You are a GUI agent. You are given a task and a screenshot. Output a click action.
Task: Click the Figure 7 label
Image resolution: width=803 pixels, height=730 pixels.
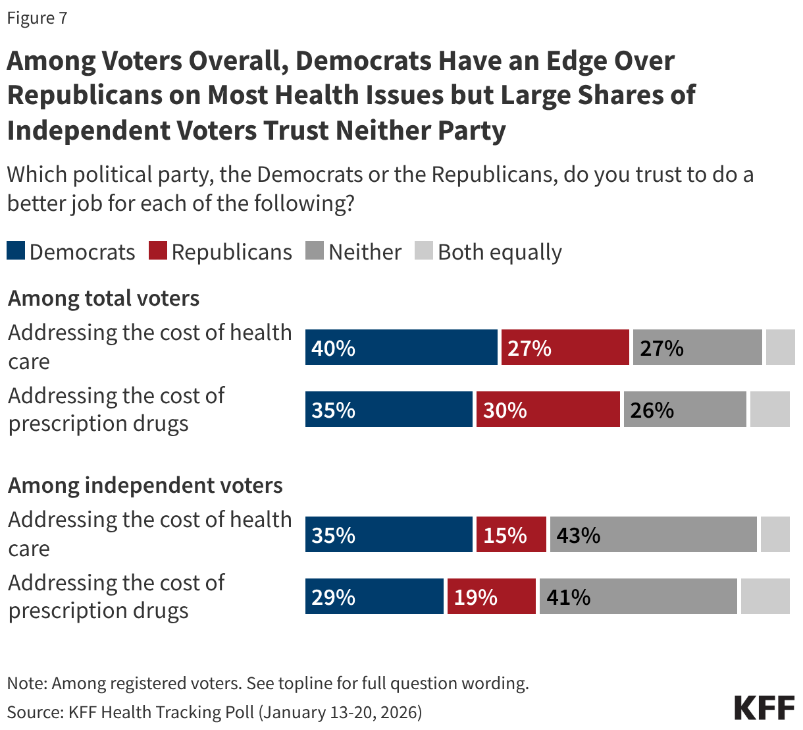tap(37, 18)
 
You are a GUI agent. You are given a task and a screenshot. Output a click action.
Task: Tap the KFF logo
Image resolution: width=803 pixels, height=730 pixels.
tap(764, 707)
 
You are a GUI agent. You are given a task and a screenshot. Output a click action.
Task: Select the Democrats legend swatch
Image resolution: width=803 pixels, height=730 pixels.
tap(16, 251)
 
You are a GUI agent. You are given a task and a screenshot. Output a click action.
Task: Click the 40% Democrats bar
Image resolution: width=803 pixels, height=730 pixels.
tap(401, 347)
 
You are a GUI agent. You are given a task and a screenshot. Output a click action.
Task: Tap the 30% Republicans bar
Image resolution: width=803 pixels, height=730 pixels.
tap(548, 409)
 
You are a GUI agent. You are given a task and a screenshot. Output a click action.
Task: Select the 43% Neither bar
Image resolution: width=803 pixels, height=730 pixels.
tap(653, 534)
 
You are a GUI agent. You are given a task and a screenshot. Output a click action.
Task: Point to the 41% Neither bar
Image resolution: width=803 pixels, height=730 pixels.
tap(638, 596)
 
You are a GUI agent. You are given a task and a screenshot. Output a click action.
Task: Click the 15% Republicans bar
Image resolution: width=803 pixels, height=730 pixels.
tap(511, 534)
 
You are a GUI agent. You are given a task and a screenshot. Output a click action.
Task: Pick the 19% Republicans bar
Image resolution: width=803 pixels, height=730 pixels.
tap(491, 596)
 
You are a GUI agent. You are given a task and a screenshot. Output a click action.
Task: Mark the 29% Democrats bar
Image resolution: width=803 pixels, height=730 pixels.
tap(374, 596)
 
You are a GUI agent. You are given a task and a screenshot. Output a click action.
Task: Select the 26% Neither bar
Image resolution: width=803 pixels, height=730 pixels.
tap(685, 409)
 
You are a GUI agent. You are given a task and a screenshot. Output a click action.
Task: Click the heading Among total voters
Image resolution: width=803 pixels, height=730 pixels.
tap(103, 298)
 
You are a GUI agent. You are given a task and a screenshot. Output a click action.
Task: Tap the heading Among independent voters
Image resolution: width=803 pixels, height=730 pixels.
tap(145, 485)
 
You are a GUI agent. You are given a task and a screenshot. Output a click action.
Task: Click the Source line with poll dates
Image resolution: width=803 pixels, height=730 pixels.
tap(215, 712)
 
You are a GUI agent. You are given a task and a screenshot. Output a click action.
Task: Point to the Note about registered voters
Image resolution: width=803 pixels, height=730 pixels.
tap(267, 683)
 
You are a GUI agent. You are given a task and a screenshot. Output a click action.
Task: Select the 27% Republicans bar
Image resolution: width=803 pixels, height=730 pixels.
tap(565, 347)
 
